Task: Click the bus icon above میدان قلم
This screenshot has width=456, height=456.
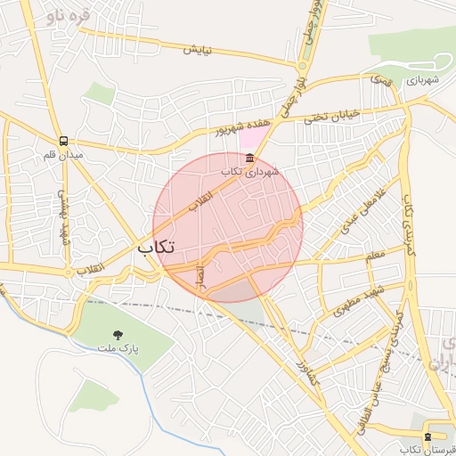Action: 63,141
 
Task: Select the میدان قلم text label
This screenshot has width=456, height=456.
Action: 63,156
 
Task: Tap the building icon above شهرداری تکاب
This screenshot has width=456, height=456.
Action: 248,158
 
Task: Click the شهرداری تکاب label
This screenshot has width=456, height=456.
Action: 250,170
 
